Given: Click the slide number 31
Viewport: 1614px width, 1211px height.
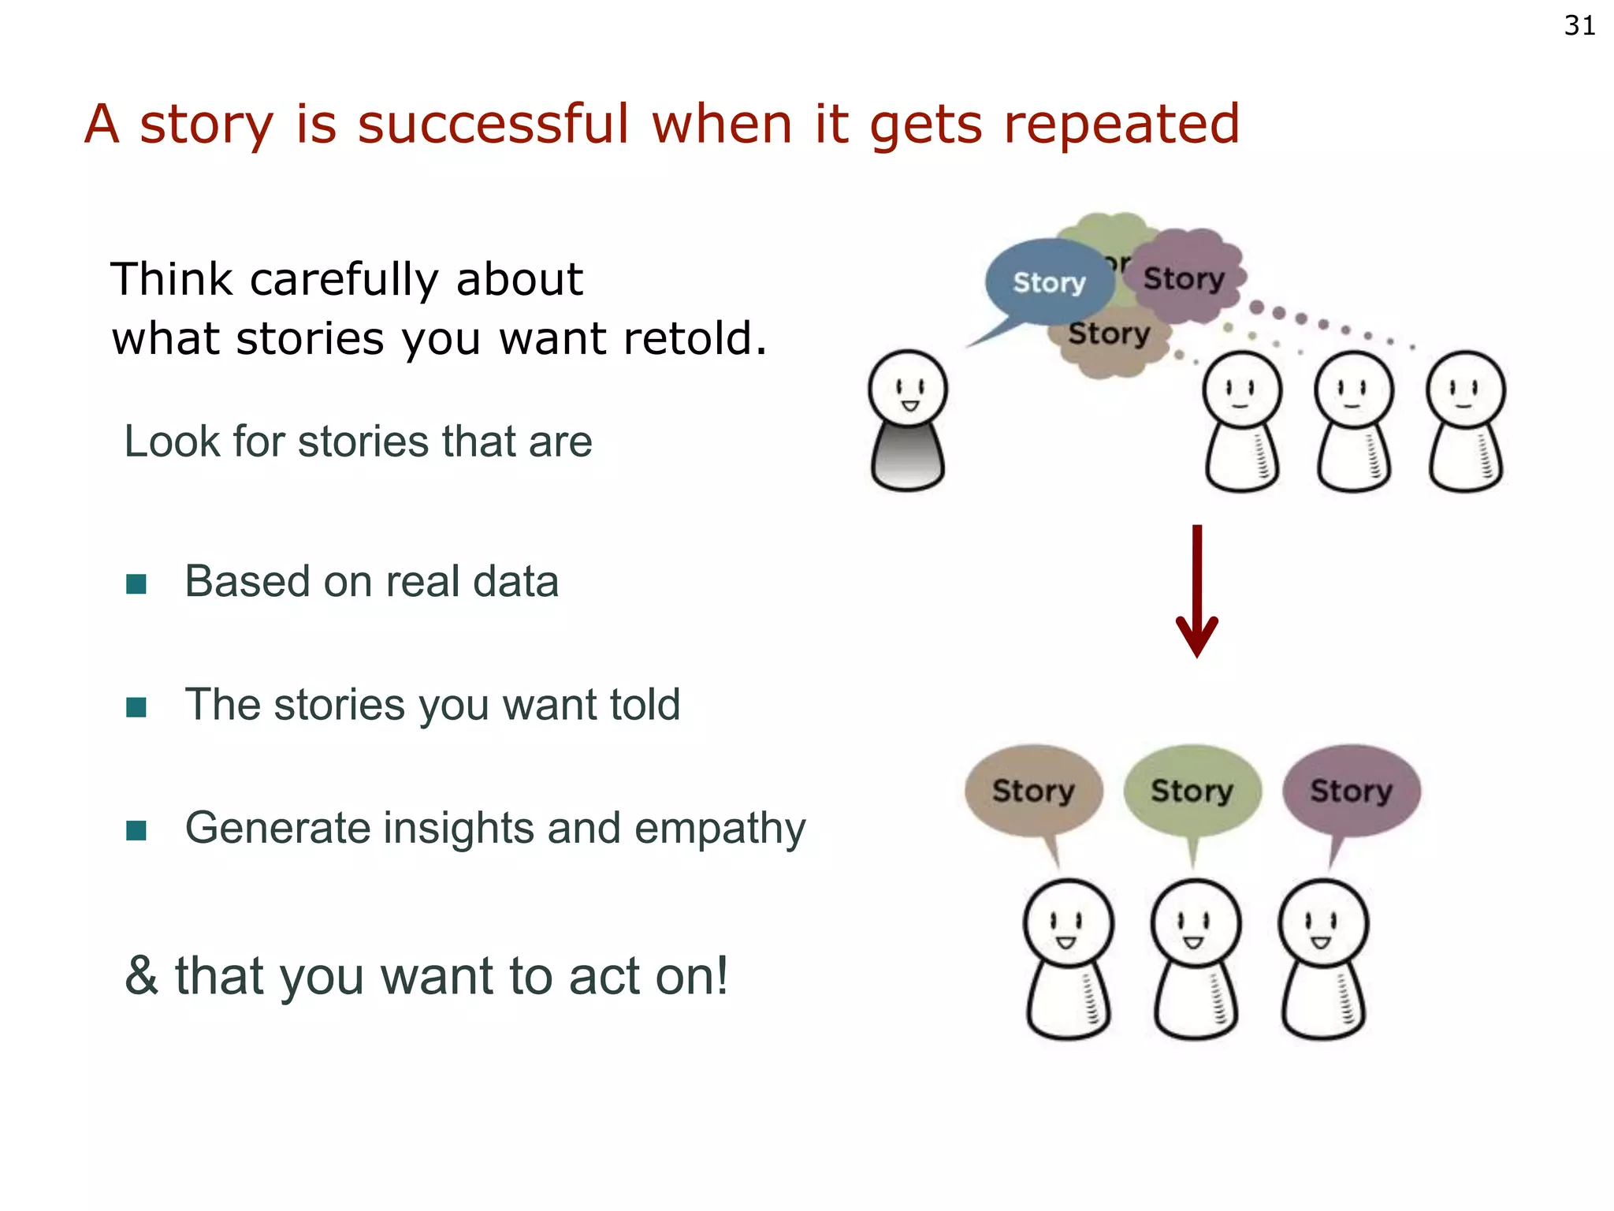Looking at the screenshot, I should click(1579, 26).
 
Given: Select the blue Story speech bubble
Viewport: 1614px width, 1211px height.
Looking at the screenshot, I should click(1048, 282).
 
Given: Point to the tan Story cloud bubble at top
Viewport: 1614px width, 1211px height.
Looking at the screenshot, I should click(1110, 339).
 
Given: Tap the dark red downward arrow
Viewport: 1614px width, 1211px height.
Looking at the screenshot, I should click(1196, 591).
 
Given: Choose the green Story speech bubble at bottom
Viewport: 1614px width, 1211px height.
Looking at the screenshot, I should click(1192, 791).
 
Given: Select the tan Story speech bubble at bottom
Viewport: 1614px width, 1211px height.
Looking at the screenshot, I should click(1033, 791).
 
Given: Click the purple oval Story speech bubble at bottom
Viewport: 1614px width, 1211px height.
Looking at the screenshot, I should click(1351, 791).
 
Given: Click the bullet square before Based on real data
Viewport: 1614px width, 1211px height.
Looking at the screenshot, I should click(136, 584).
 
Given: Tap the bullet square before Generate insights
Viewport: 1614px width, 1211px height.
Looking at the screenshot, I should click(136, 830).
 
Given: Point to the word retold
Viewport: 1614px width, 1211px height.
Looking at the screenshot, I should click(694, 339).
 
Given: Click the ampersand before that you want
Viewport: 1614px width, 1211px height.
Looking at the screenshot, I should click(142, 976).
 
